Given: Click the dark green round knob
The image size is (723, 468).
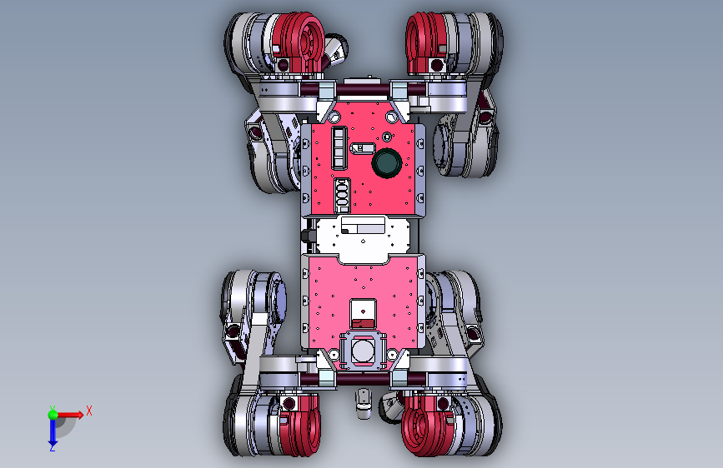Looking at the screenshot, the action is click(x=386, y=162).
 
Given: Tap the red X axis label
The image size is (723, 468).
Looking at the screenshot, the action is click(x=89, y=411).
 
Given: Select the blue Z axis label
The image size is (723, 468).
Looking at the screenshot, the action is click(x=53, y=446).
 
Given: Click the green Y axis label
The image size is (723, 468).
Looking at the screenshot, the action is click(x=53, y=409).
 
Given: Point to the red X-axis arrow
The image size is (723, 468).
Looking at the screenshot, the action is click(x=69, y=415).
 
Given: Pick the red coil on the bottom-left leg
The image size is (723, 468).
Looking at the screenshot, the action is click(x=299, y=425).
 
